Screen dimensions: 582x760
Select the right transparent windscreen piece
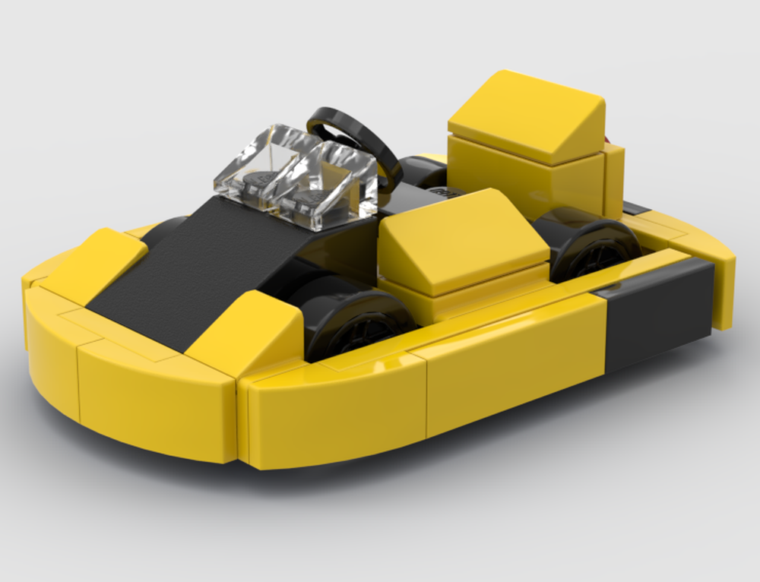(x=334, y=182)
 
